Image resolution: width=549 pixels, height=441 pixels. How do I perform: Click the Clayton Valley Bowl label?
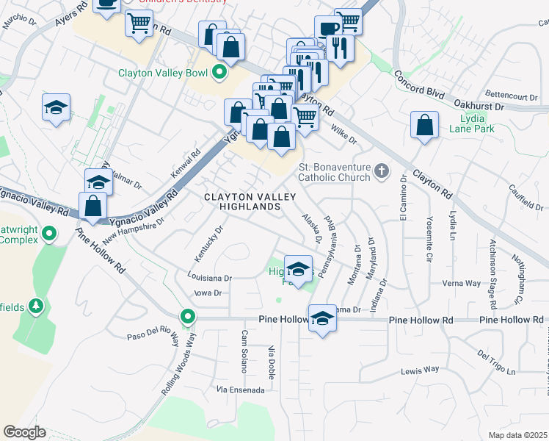coord(163,73)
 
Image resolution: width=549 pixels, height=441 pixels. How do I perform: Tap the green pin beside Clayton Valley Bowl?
coord(219,73)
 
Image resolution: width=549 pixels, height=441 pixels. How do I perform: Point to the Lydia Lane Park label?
coord(476,123)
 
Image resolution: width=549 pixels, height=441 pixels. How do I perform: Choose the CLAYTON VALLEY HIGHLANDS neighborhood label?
coord(250,202)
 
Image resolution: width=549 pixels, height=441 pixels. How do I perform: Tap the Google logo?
coord(24,431)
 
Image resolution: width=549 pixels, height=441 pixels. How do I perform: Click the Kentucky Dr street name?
coord(208,243)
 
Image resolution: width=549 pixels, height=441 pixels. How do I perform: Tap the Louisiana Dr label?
coord(209,279)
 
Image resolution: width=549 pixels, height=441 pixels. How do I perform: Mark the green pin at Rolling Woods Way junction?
coord(189,317)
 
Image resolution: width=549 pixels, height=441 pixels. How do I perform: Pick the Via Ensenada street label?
coord(240,390)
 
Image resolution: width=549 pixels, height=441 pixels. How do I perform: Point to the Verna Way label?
coord(461,283)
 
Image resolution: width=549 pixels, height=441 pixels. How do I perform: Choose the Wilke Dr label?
coord(343,135)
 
